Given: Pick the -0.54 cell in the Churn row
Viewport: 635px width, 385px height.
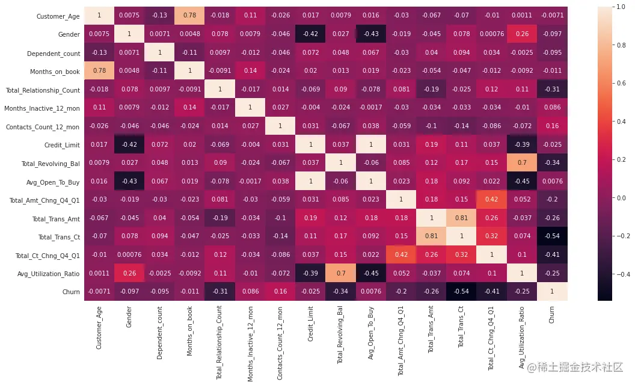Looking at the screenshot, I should point(462,291).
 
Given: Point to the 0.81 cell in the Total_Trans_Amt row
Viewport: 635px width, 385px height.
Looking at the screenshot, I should point(462,217).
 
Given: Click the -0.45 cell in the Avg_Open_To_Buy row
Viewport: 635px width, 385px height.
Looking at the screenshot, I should point(522,180).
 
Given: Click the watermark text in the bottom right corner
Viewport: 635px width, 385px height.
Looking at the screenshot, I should point(575,367).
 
